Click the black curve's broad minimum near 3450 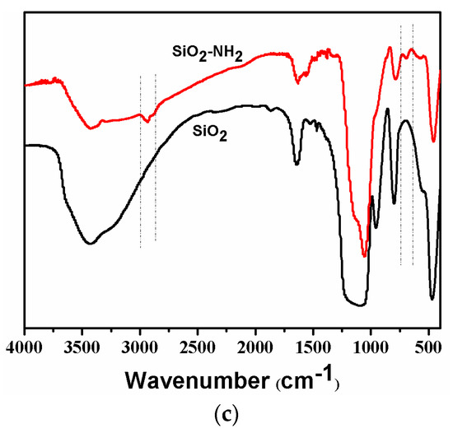click(90, 243)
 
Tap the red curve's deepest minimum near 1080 click(363, 256)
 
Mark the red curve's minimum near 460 click(433, 141)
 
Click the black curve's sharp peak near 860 click(387, 109)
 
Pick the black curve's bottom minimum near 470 click(432, 299)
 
